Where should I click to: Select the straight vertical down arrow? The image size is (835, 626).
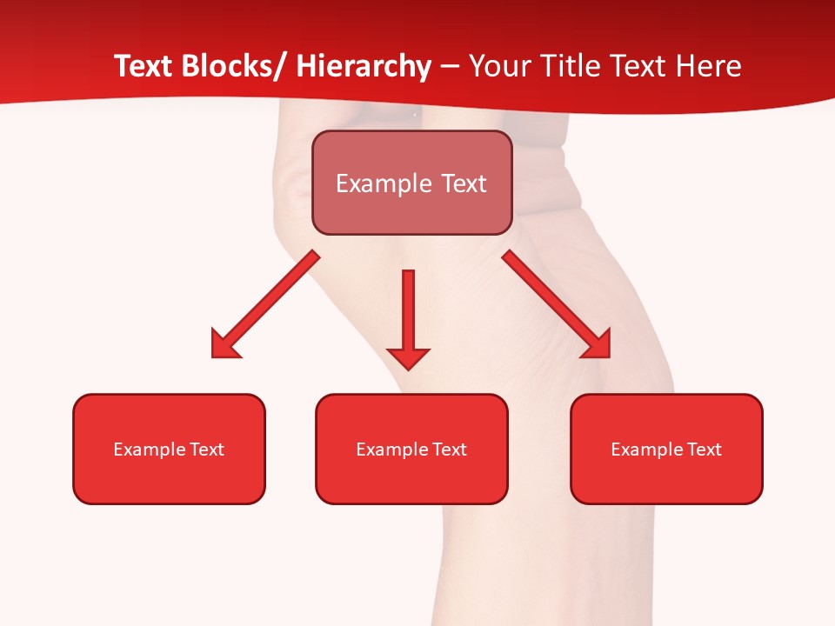point(408,313)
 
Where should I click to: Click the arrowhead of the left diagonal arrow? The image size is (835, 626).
point(224,344)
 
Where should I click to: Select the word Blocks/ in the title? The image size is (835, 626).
point(230,66)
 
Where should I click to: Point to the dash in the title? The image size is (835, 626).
point(450,68)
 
